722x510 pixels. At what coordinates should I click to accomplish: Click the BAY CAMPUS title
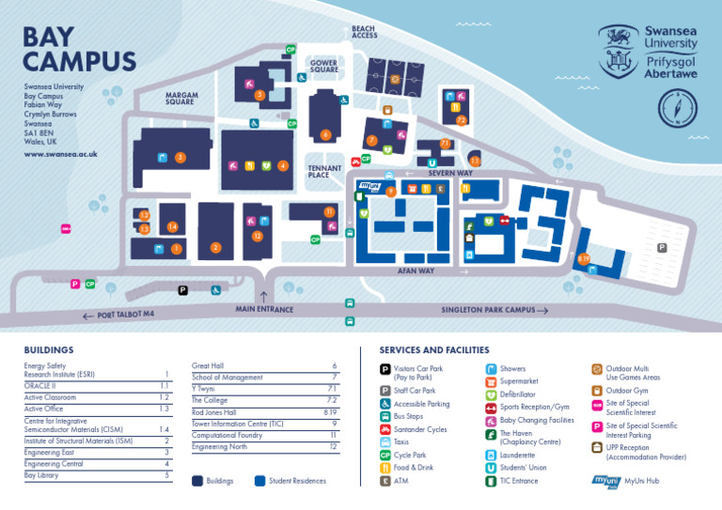79,49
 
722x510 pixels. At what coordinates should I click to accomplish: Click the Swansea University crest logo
618,51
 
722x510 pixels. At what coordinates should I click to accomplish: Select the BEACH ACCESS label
364,32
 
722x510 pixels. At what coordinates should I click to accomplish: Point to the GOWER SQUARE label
324,66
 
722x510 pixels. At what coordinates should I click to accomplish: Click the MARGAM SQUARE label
180,98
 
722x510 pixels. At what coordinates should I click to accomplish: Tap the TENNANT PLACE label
325,172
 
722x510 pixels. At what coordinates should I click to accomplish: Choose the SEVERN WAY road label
450,174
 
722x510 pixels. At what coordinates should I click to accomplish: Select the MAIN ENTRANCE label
264,309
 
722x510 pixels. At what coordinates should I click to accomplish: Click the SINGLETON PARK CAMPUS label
488,310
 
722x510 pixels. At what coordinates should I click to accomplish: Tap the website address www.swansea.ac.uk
60,153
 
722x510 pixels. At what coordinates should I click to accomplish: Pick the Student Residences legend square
259,481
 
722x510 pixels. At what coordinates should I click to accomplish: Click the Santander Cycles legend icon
385,428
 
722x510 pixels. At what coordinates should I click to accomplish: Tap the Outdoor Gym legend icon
596,391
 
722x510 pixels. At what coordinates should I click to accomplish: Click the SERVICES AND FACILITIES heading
433,349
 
